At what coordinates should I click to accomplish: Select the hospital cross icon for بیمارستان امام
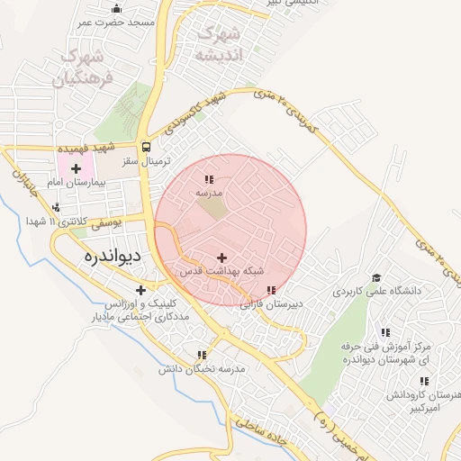pos(76,168)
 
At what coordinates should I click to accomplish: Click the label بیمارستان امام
pos(78,182)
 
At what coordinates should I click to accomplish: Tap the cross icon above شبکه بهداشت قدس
pos(222,258)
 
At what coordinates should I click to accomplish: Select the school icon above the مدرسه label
pos(210,180)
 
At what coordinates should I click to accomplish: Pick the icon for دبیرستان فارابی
pos(271,291)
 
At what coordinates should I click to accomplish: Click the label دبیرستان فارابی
pos(271,304)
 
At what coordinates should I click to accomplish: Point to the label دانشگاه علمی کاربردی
pos(378,291)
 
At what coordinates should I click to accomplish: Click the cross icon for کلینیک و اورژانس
pos(140,290)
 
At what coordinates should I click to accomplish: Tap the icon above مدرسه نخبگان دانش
pos(201,356)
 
